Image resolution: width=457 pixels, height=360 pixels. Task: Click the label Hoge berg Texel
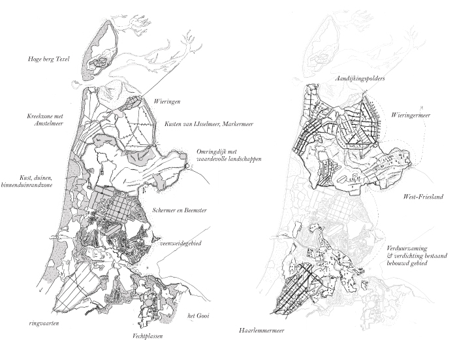49,59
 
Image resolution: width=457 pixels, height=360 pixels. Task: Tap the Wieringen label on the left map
167,101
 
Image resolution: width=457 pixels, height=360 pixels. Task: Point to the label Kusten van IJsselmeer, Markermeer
209,124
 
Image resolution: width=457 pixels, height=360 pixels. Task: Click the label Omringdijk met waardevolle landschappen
228,155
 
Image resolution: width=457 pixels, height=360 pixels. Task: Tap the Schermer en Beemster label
180,210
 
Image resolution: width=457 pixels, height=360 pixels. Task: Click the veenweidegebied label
181,243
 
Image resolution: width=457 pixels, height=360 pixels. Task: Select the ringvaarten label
44,323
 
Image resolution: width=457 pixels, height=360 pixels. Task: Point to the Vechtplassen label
148,336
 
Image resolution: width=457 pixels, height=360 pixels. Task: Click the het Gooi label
198,316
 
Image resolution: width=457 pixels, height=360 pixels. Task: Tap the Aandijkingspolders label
360,78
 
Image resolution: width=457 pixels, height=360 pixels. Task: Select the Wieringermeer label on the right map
411,115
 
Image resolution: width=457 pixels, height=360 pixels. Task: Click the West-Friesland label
423,197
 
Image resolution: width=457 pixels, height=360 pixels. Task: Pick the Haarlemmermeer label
261,331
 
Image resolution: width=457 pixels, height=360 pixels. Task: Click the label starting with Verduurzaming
417,256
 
